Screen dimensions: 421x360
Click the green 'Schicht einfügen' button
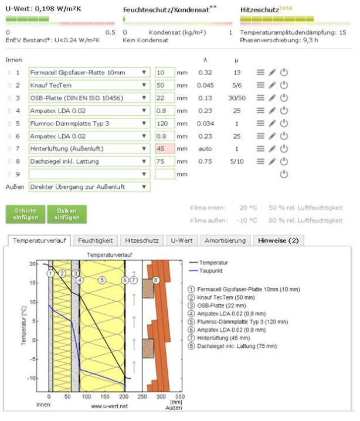(x=26, y=214)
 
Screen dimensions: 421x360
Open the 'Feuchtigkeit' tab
(x=96, y=240)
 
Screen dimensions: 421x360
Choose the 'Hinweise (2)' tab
(x=277, y=240)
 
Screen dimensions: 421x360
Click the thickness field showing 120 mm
(x=164, y=123)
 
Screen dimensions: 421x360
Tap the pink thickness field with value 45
(x=164, y=148)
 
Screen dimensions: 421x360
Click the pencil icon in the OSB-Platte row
(x=272, y=98)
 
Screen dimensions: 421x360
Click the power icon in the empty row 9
(x=284, y=174)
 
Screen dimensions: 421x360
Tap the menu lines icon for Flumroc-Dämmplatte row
(x=260, y=123)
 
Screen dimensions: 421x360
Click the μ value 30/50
(x=236, y=98)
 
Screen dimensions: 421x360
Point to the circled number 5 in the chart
(x=101, y=280)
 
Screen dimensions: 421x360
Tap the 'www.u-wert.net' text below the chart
(x=110, y=405)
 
